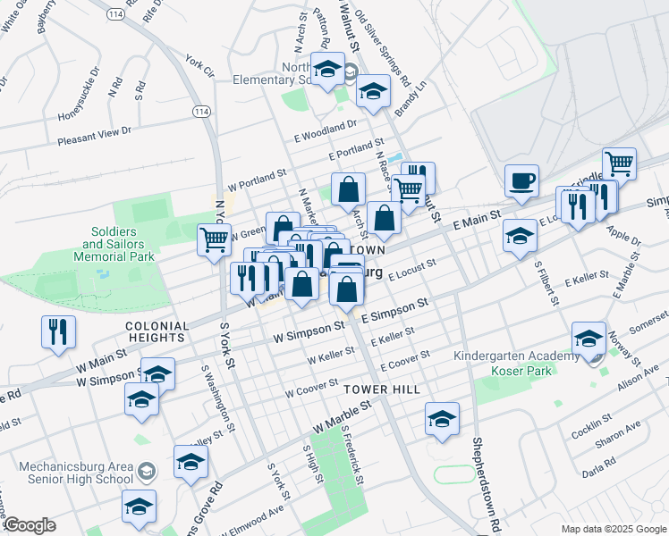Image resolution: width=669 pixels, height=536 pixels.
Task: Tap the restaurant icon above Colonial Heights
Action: click(59, 332)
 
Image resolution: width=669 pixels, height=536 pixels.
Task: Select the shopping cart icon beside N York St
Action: click(214, 239)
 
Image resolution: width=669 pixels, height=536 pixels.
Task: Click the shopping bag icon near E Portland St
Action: click(348, 189)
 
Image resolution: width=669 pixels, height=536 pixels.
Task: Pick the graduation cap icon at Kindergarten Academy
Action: click(588, 338)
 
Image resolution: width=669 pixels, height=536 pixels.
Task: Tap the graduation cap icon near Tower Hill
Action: click(442, 418)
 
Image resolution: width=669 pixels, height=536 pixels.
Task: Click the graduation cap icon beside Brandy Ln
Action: click(373, 91)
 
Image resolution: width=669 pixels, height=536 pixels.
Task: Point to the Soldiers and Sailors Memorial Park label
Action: click(118, 244)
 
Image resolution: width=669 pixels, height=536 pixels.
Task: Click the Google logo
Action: click(30, 525)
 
